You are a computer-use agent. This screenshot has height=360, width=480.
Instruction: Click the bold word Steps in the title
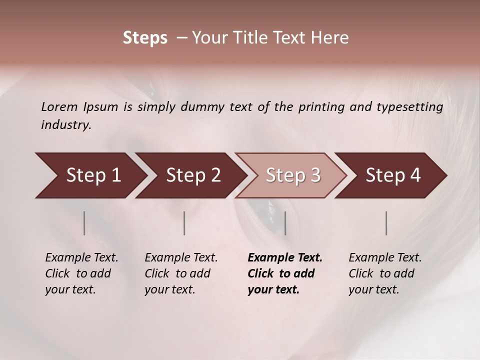pyautogui.click(x=145, y=38)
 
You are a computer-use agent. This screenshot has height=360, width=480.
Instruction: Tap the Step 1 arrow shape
pyautogui.click(x=90, y=175)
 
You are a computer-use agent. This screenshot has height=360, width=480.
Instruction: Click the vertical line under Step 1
pyautogui.click(x=84, y=223)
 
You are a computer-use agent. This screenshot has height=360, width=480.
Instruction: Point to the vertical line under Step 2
pyautogui.click(x=184, y=223)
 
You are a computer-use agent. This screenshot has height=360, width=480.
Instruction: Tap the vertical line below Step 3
pyautogui.click(x=285, y=223)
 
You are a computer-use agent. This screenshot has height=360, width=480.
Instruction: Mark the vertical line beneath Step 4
pyautogui.click(x=386, y=223)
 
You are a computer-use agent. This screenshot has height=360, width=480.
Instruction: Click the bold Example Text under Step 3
pyautogui.click(x=285, y=258)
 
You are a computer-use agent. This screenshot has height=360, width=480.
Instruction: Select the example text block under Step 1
pyautogui.click(x=81, y=273)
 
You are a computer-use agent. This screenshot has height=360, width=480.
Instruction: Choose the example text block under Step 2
pyautogui.click(x=181, y=273)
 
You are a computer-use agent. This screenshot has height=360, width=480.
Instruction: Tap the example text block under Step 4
pyautogui.click(x=385, y=273)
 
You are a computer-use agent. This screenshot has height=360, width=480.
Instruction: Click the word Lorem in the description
pyautogui.click(x=59, y=106)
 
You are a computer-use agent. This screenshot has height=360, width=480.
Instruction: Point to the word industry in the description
pyautogui.click(x=65, y=125)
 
